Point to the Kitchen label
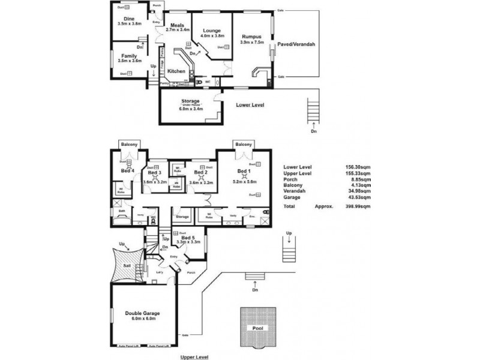point(176,71)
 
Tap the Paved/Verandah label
point(296,45)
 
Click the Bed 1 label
point(243,171)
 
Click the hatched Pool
point(257,329)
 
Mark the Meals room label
point(176,25)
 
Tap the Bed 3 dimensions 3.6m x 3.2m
point(154,181)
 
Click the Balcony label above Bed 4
point(129,145)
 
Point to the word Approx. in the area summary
point(324,205)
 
